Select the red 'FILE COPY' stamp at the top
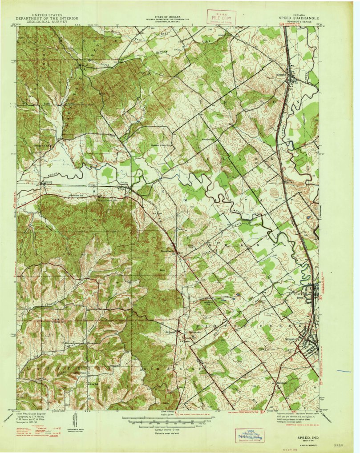[x=221, y=17]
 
